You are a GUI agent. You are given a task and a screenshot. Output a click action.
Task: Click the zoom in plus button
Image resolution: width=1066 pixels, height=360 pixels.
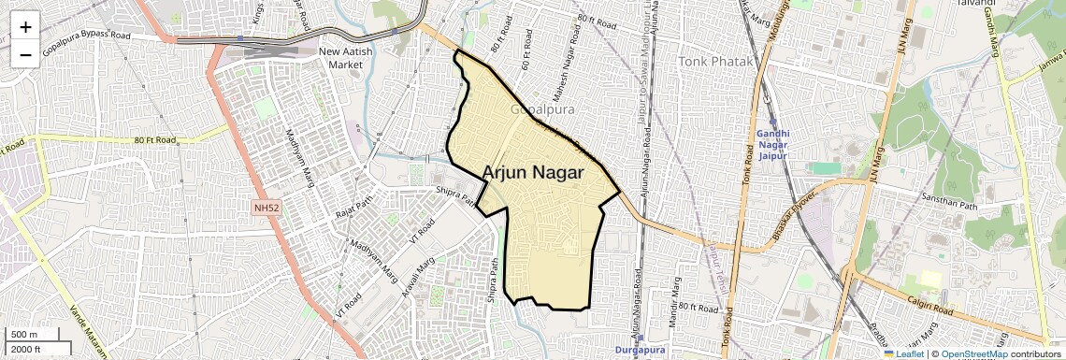(25, 27)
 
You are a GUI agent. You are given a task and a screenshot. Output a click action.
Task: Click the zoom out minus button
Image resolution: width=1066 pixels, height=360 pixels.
(25, 54)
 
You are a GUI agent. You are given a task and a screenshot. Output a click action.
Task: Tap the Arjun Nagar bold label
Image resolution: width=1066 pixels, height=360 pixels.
(533, 173)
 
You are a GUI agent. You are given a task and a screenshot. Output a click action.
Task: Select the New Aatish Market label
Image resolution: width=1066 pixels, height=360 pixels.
(352, 58)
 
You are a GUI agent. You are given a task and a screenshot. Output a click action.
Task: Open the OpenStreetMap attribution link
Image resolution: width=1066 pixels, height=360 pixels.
(974, 353)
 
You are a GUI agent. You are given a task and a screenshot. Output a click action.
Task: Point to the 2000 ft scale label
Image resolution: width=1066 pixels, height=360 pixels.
(25, 349)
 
